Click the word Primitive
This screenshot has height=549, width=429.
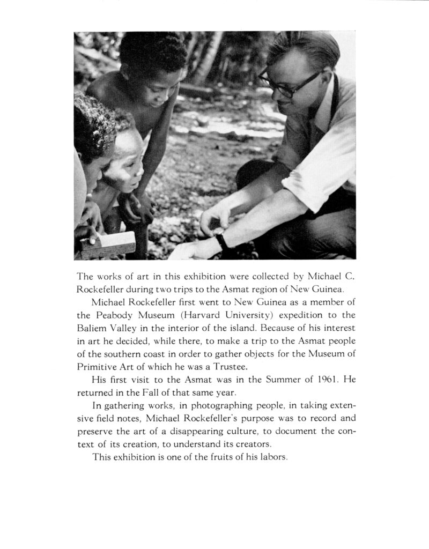[x=100, y=367]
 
